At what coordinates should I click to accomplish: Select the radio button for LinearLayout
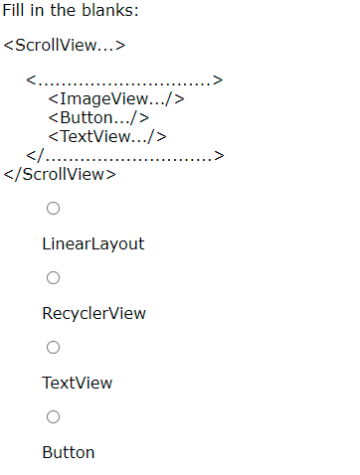coord(53,208)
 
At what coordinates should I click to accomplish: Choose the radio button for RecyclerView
coord(53,277)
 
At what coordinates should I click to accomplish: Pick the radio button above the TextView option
coord(53,347)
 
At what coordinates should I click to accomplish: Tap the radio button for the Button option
coord(53,416)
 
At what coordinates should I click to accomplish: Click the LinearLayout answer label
coord(92,243)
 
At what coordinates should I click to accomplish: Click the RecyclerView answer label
coord(93,313)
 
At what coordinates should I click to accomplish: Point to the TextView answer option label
coord(77,383)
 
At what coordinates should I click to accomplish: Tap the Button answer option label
coord(68,452)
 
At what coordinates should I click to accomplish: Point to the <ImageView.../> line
coord(116,98)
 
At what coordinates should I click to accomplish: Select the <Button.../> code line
coord(98,117)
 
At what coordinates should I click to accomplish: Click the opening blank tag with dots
coord(124,79)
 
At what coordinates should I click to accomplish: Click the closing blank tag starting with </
coord(125,155)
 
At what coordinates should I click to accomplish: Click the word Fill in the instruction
coord(13,11)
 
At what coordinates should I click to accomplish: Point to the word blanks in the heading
coord(109,11)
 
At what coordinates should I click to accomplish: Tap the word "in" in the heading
coord(36,11)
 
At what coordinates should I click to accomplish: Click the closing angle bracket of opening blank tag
coord(218,80)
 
